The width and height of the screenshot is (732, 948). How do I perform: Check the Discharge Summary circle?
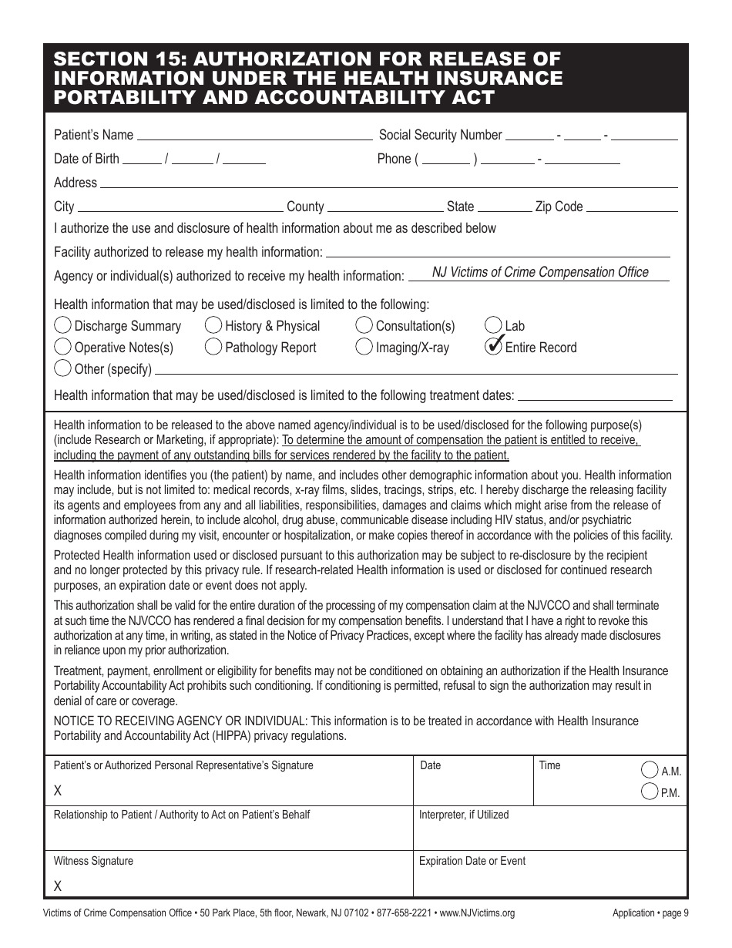click(x=63, y=325)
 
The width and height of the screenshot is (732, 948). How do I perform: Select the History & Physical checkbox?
click(x=213, y=325)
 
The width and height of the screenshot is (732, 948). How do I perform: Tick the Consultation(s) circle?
click(x=364, y=325)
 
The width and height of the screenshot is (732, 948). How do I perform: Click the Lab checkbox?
click(x=494, y=325)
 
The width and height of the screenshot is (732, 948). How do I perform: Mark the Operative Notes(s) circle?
click(x=63, y=347)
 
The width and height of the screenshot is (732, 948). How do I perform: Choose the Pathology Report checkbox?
click(x=213, y=347)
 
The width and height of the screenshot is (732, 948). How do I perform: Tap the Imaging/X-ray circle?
click(x=364, y=347)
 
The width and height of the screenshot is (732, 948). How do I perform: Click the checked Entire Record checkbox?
click(x=494, y=347)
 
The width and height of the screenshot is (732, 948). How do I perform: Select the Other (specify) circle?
click(x=63, y=368)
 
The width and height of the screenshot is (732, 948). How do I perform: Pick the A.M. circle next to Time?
click(x=650, y=769)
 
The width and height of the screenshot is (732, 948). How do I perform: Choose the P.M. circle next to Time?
click(x=650, y=791)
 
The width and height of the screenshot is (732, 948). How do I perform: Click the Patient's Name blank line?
click(x=254, y=136)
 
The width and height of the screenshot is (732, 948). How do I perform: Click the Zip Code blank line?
click(x=632, y=207)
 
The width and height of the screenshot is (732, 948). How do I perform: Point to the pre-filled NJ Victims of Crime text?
click(x=540, y=272)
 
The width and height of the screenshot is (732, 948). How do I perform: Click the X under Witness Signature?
click(x=58, y=886)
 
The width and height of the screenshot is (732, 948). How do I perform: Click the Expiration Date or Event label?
click(x=472, y=861)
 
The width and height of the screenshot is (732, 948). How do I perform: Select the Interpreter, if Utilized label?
click(x=464, y=815)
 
